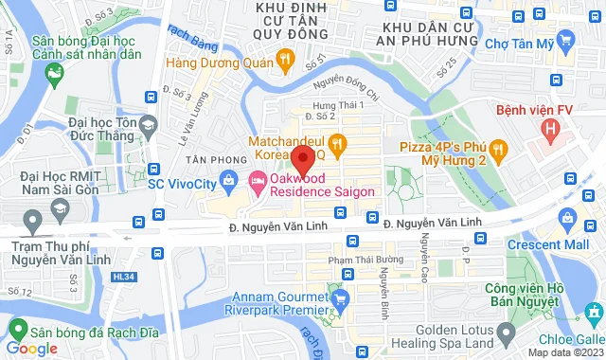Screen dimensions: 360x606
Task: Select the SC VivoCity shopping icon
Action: coord(228,180)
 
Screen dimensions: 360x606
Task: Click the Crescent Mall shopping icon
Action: coord(566,218)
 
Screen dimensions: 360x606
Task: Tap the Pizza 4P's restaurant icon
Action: coord(501,150)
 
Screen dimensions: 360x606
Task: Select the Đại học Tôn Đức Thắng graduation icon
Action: coord(148,124)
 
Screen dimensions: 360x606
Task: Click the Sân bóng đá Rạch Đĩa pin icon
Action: coord(16,329)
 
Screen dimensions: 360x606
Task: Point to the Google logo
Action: coord(32,349)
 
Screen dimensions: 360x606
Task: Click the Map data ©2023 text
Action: coord(564,352)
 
